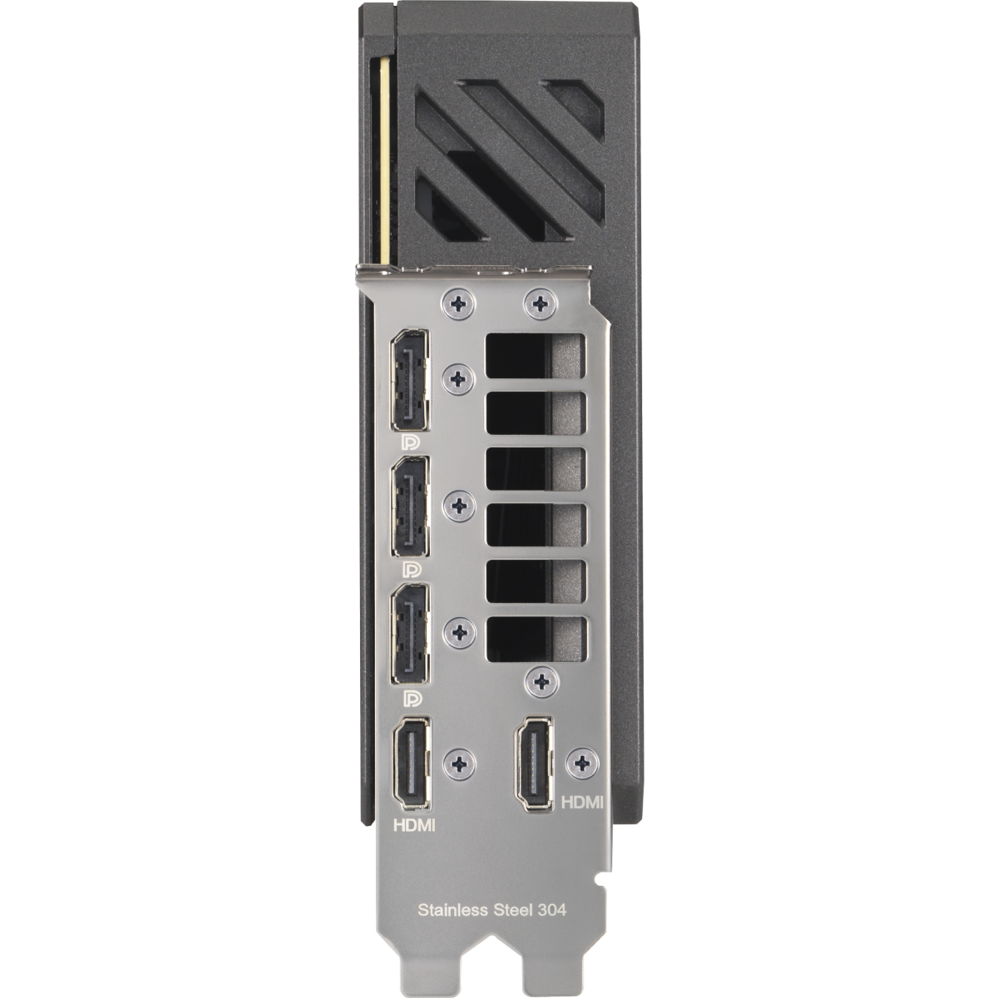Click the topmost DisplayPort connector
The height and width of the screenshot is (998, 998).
pyautogui.click(x=410, y=379)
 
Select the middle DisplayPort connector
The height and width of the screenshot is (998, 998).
pyautogui.click(x=410, y=507)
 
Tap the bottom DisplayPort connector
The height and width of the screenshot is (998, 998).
pyautogui.click(x=410, y=635)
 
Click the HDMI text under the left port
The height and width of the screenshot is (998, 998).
pyautogui.click(x=414, y=825)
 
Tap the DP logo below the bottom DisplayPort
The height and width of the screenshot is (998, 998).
pyautogui.click(x=413, y=699)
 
